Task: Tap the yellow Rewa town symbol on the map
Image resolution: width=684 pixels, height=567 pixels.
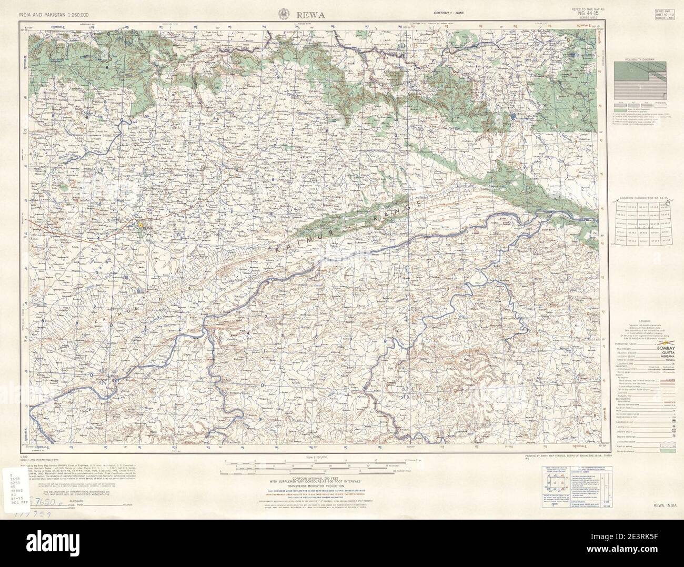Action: pos(140,225)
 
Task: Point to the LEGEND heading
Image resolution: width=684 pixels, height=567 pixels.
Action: pos(639,320)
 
